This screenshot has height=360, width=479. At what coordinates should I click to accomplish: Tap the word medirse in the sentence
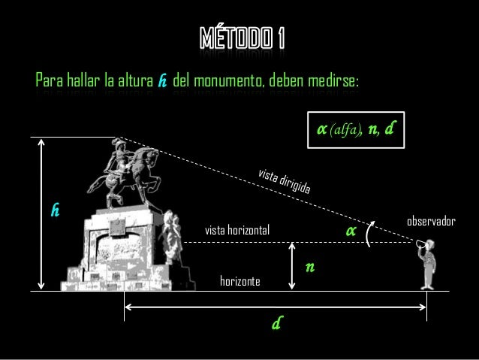click(x=335, y=80)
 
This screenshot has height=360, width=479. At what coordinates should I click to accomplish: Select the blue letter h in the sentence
click(x=161, y=80)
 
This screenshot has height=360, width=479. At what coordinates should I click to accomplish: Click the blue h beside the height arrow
click(x=55, y=210)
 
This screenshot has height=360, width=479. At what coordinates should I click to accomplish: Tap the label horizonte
click(x=239, y=281)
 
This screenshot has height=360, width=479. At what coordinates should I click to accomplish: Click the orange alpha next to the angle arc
click(x=349, y=230)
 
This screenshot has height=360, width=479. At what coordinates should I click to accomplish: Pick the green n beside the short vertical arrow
click(x=309, y=267)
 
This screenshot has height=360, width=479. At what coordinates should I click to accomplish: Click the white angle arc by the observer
click(x=369, y=236)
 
